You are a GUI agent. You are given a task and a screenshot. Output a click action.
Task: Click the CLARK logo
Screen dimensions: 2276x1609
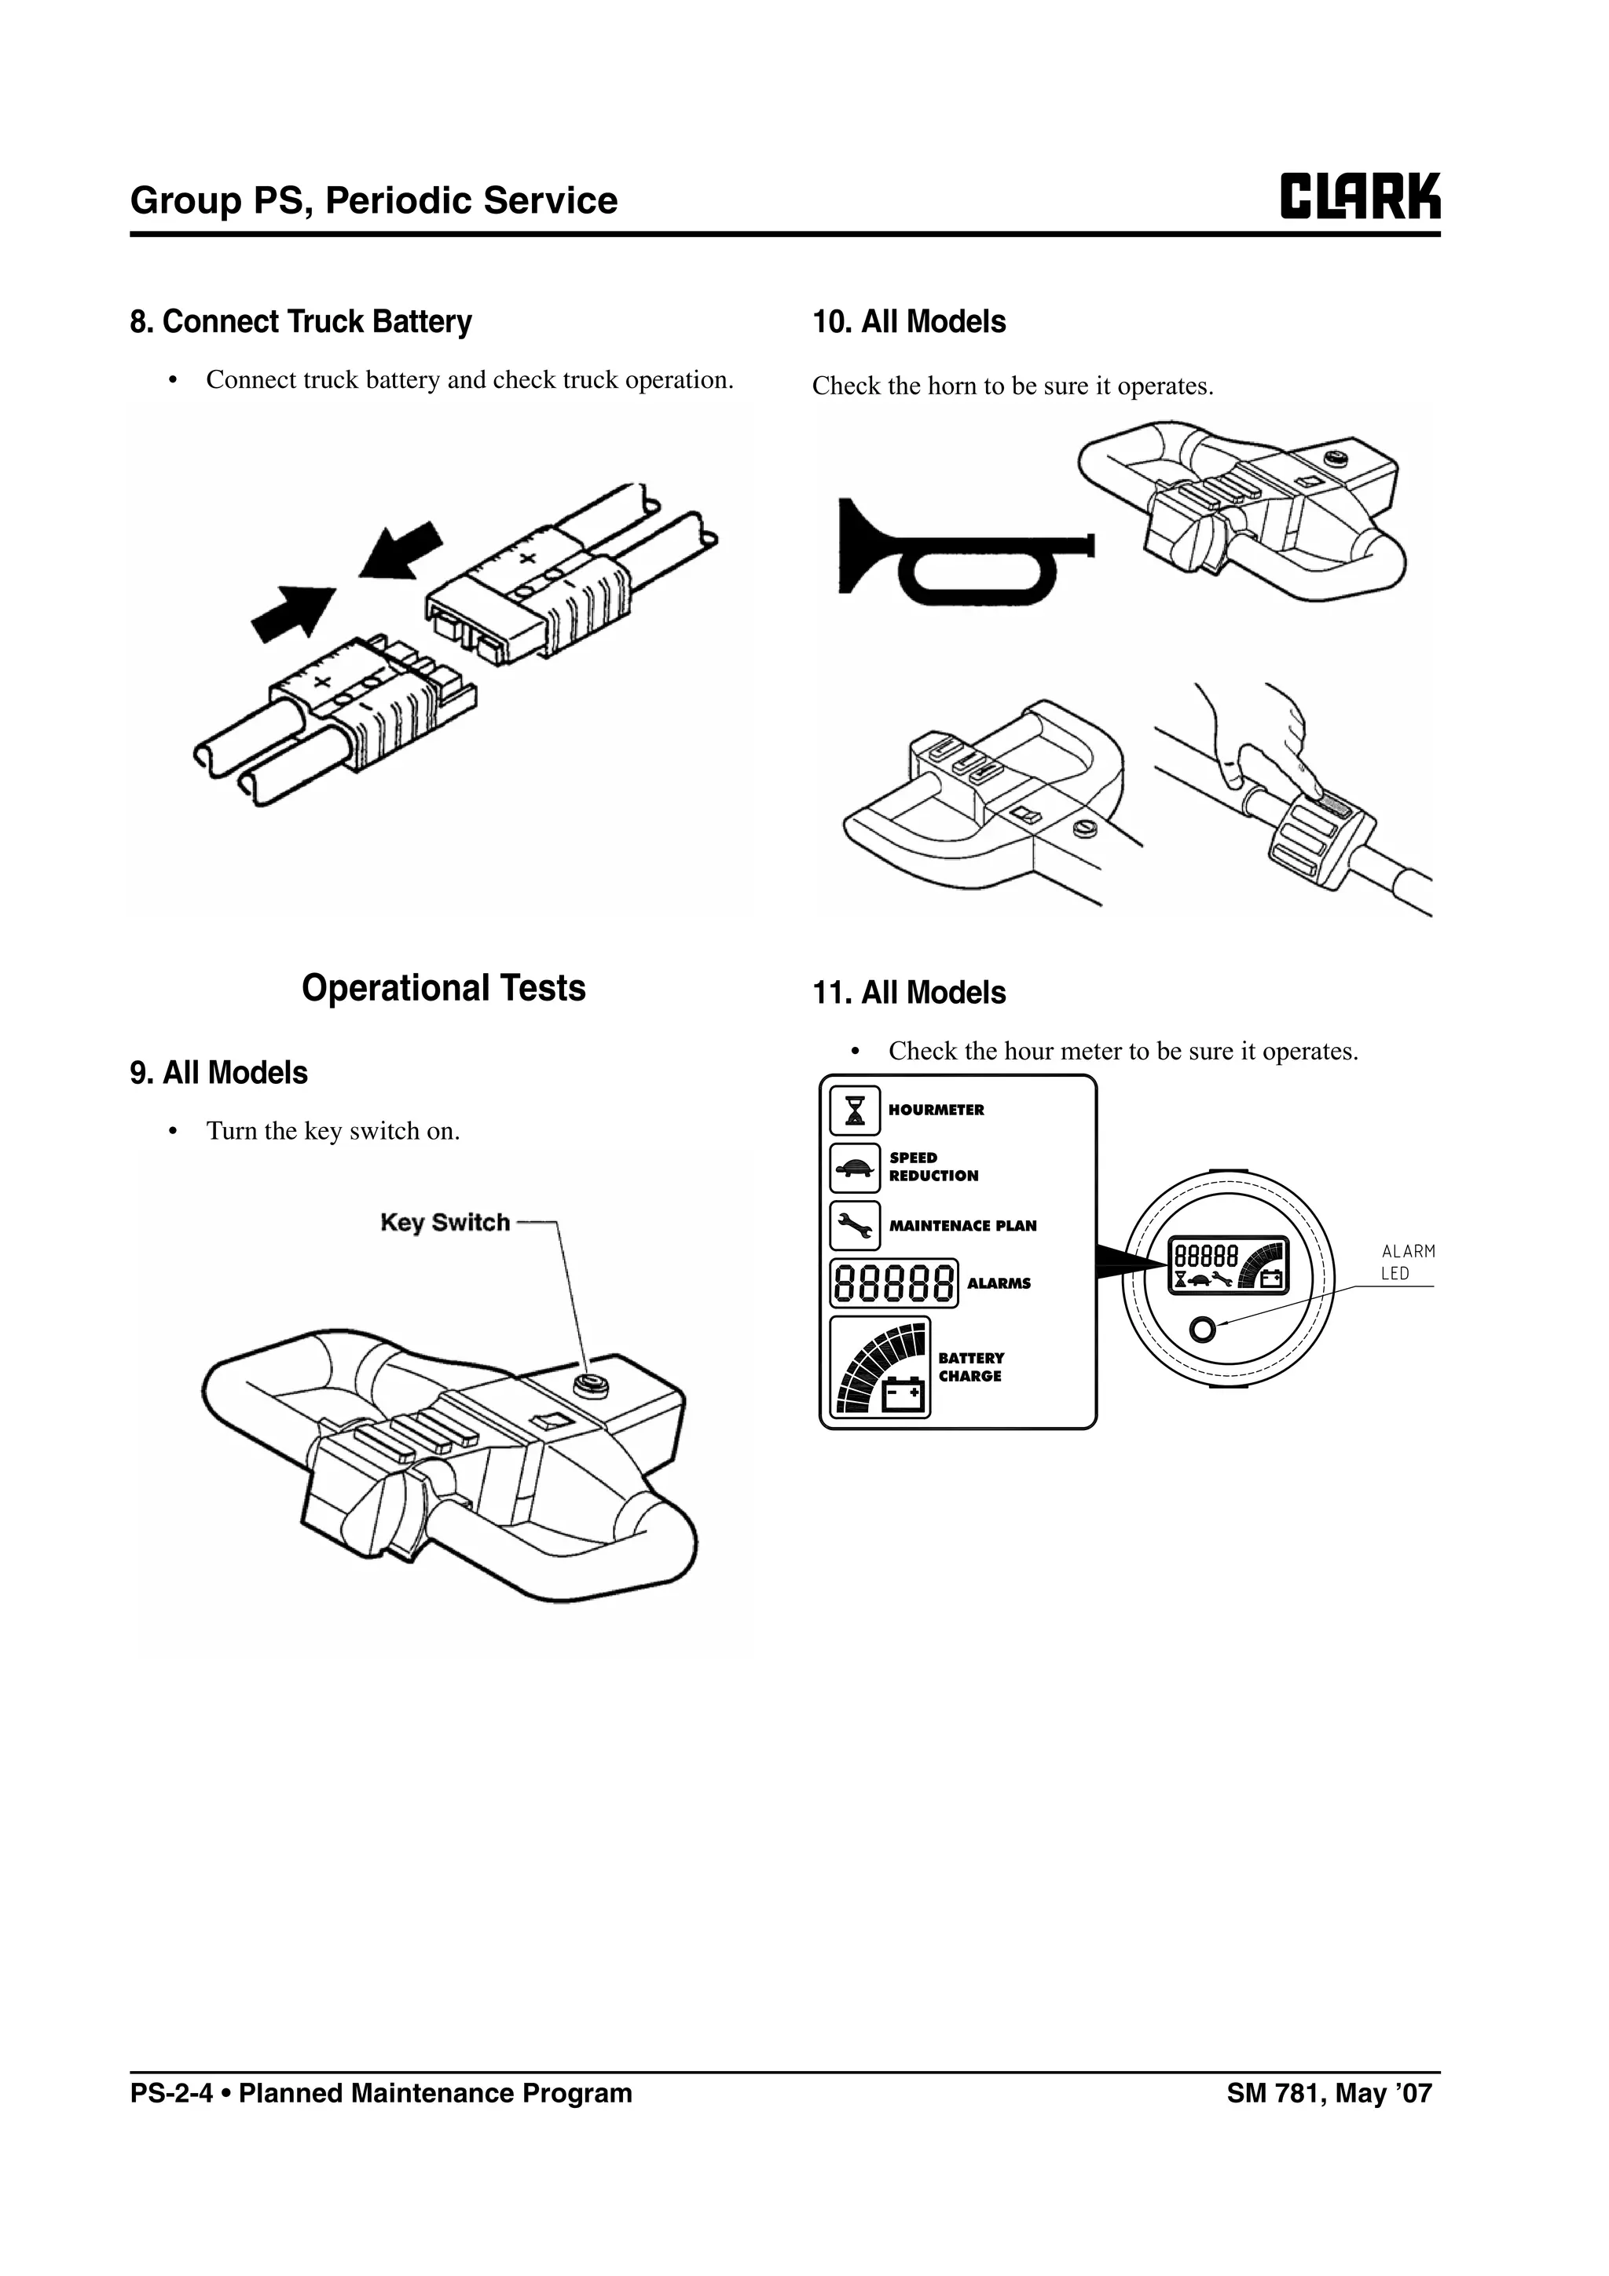tap(1359, 196)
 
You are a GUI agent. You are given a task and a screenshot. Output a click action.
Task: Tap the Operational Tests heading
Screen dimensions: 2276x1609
tap(443, 988)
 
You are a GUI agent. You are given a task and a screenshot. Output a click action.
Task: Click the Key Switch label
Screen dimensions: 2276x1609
tap(445, 1222)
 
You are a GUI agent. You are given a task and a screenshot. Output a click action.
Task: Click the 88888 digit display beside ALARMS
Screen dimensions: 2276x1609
tap(893, 1283)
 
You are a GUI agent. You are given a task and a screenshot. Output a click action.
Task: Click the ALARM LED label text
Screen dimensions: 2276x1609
tap(1407, 1262)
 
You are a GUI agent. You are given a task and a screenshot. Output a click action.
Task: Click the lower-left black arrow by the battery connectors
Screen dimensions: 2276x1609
tap(294, 612)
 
